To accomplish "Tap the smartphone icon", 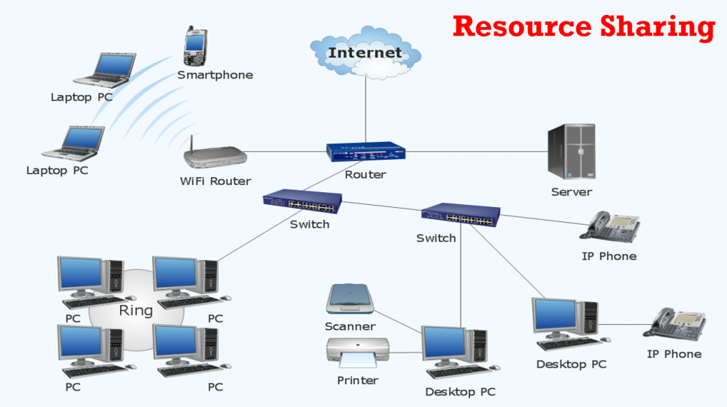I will click(195, 47).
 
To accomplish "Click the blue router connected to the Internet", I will click(365, 152).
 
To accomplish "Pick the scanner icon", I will click(349, 299).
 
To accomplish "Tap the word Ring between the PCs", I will click(136, 311).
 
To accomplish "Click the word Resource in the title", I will click(522, 26).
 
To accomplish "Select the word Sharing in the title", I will click(657, 26).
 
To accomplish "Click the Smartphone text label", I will click(215, 75).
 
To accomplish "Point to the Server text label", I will click(572, 192).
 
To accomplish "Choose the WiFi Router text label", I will click(215, 182).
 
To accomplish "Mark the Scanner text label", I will click(350, 327).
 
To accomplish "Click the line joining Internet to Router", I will click(366, 106).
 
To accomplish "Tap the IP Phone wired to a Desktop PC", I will click(674, 323).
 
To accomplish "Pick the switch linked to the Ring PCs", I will click(302, 201).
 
